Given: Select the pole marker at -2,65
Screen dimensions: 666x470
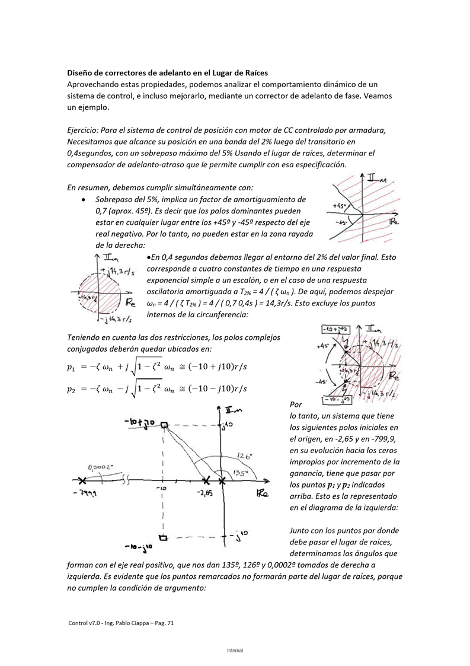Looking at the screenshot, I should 205,480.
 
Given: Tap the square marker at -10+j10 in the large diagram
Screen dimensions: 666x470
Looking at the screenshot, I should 164,425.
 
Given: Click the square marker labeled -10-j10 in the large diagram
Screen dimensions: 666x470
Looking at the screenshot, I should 164,537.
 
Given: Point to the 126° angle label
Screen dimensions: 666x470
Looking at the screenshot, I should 244,456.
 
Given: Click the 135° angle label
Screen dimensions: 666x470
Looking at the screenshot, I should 240,473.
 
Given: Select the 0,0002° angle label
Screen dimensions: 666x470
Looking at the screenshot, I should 100,467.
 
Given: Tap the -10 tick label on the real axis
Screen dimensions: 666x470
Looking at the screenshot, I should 160,489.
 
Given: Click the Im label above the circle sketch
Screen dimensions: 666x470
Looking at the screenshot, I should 109,258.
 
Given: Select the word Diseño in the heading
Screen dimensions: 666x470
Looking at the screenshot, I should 80,73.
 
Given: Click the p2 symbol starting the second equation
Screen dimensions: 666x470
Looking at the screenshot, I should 71,390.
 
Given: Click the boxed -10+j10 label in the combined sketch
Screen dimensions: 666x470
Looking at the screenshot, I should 335,329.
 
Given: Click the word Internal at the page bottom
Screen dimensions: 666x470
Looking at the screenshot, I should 235,651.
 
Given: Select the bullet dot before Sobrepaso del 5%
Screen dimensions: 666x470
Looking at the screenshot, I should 85,200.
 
